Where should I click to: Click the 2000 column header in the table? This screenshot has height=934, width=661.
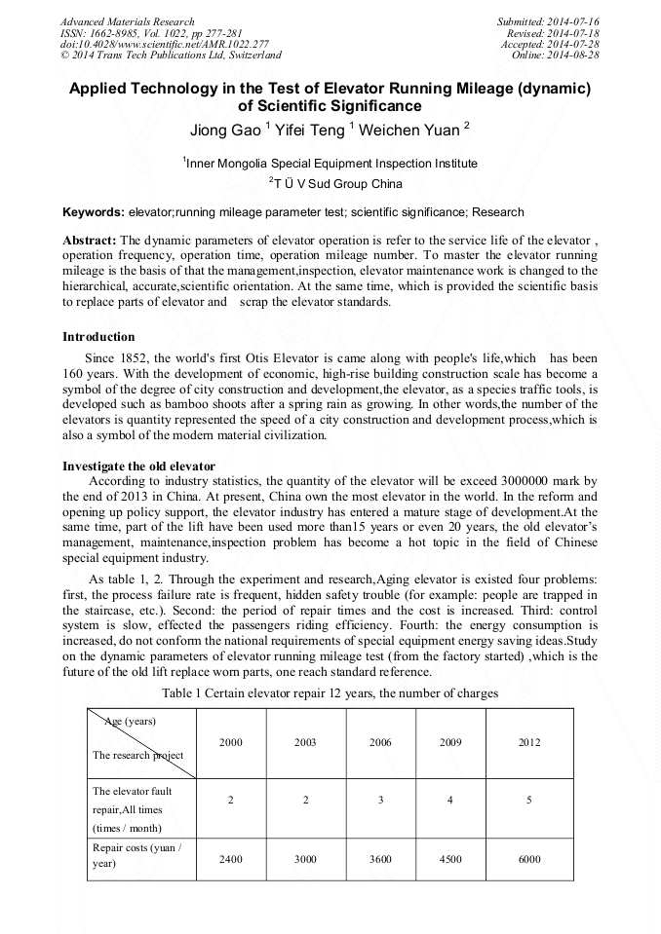coord(231,742)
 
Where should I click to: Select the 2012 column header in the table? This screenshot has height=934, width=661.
coord(529,742)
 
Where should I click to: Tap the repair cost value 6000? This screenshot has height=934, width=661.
coord(529,859)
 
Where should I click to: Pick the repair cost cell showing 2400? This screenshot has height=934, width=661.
coord(231,859)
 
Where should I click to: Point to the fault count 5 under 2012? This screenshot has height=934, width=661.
coord(529,800)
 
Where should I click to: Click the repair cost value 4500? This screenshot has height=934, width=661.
coord(450,859)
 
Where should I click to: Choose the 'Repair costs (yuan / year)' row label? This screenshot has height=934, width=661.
coord(136,855)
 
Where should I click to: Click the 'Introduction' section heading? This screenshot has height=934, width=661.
coord(98,337)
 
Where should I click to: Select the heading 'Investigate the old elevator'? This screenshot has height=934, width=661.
coord(138,466)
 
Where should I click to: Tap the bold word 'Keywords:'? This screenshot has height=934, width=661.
coord(94,212)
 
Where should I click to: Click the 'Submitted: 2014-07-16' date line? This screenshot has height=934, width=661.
coord(548,21)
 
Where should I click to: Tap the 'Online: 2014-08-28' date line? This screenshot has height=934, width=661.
coord(555,56)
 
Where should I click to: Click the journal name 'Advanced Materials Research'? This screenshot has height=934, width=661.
coord(127,21)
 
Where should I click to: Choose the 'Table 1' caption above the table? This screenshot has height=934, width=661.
coord(330,693)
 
